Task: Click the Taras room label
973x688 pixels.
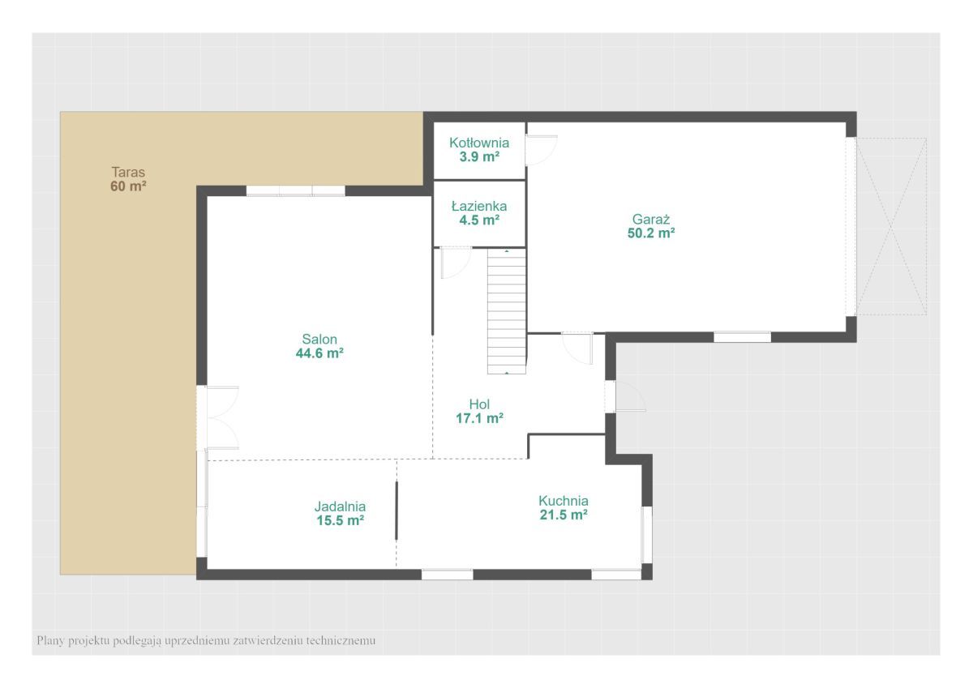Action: (128, 173)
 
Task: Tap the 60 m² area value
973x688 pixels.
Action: (128, 186)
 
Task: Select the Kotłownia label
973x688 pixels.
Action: (479, 143)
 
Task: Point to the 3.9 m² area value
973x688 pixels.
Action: (479, 156)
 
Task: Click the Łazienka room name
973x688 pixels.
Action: (479, 206)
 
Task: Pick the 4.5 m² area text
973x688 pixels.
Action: (479, 220)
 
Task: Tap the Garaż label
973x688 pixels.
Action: (650, 220)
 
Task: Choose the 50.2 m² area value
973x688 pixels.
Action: (651, 233)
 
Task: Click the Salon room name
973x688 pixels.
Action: (319, 339)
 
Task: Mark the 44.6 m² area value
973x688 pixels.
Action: (319, 353)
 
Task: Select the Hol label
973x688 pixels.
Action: (479, 404)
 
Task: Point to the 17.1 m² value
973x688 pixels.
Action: (479, 418)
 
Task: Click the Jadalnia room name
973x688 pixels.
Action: (340, 506)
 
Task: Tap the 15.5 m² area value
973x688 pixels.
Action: (340, 520)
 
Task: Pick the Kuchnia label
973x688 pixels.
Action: (564, 501)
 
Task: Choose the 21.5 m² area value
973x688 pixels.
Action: (564, 515)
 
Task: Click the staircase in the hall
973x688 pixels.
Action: (507, 311)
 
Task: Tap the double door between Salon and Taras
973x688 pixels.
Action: (217, 417)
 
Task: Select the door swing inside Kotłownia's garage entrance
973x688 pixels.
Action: (542, 150)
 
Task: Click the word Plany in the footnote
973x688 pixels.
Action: (51, 641)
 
